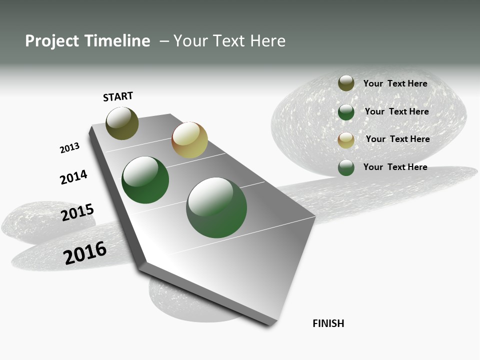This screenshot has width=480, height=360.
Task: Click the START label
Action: tap(118, 96)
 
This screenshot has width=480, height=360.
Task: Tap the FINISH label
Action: tap(328, 323)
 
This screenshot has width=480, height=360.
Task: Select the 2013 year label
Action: tap(69, 148)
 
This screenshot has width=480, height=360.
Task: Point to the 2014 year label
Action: tap(73, 177)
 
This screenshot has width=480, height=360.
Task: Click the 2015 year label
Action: tap(77, 212)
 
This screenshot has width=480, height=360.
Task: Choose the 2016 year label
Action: tap(85, 252)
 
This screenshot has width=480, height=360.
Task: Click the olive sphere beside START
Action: tap(122, 123)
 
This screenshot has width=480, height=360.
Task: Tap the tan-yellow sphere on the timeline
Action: tap(189, 140)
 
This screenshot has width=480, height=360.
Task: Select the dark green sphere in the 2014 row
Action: tap(145, 180)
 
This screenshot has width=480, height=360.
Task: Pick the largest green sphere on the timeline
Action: tap(216, 207)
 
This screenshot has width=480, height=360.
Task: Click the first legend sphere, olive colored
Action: tap(346, 83)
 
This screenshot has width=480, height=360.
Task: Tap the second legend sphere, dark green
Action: tap(346, 112)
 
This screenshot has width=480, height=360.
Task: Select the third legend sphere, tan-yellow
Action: tap(346, 140)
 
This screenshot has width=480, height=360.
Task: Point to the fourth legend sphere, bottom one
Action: tap(346, 167)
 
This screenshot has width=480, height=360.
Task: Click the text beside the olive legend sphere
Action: tap(395, 83)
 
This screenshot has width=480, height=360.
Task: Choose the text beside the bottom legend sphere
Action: tap(395, 167)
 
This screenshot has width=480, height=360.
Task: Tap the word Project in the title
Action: tap(52, 41)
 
